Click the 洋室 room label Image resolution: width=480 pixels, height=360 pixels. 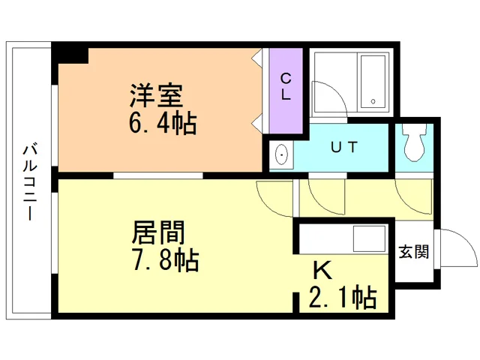pyautogui.click(x=157, y=95)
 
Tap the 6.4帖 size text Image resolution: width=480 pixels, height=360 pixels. pyautogui.click(x=163, y=123)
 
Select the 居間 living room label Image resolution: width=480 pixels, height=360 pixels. pyautogui.click(x=158, y=232)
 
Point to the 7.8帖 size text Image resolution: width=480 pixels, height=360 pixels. pyautogui.click(x=166, y=260)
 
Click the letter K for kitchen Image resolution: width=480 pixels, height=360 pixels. pyautogui.click(x=322, y=270)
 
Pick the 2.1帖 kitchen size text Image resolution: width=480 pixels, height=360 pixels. pyautogui.click(x=343, y=297)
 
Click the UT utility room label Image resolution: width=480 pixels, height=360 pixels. pyautogui.click(x=344, y=147)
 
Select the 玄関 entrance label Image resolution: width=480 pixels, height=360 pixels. pyautogui.click(x=414, y=252)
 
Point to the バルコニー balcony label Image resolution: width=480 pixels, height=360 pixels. pyautogui.click(x=30, y=183)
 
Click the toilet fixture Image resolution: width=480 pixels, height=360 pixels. pyautogui.click(x=414, y=142)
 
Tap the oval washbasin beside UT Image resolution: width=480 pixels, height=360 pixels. pyautogui.click(x=281, y=154)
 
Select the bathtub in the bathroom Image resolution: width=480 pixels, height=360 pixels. pyautogui.click(x=373, y=82)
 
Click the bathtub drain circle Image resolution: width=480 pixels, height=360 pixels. pyautogui.click(x=373, y=101)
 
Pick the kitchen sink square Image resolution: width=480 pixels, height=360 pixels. pyautogui.click(x=369, y=238)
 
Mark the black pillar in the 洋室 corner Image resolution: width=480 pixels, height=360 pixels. pyautogui.click(x=70, y=55)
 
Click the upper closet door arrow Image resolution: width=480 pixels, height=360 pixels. pyautogui.click(x=257, y=57)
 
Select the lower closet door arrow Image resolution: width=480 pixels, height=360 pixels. pyautogui.click(x=257, y=123)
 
